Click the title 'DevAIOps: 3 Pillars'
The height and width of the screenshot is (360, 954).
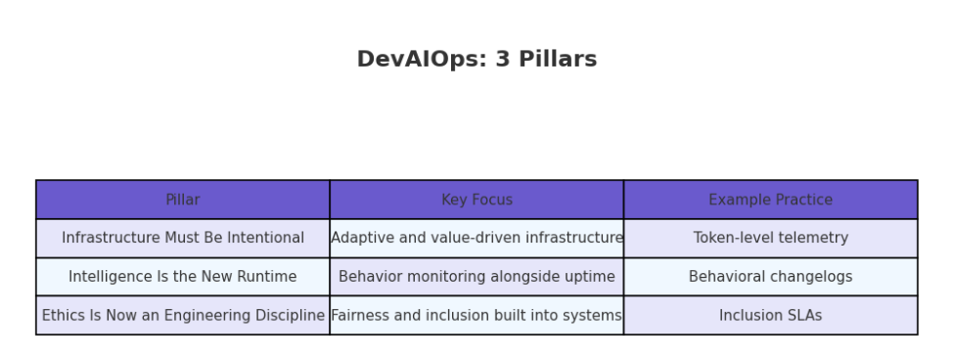pos(477,60)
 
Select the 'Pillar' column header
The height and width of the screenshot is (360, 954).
pos(183,200)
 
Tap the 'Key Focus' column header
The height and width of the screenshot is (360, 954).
pos(477,200)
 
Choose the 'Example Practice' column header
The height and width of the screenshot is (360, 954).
pos(771,200)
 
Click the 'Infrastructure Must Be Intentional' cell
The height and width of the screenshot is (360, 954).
pos(183,239)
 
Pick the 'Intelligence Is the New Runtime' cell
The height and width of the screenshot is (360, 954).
pos(183,277)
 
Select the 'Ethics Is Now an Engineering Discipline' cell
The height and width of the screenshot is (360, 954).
pos(183,315)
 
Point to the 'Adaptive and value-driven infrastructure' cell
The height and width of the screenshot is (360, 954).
pos(477,239)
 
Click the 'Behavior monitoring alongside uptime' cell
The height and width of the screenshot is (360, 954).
pos(477,277)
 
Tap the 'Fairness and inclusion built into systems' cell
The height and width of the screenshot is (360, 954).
pos(477,315)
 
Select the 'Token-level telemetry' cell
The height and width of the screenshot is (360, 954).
pos(771,239)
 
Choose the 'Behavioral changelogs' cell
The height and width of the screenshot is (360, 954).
pos(771,277)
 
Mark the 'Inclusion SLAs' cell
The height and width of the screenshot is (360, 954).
pos(771,315)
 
